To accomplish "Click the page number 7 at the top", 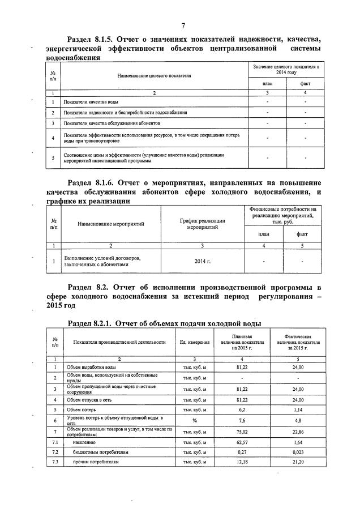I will coord(183,25).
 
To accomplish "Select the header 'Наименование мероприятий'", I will coord(111,224).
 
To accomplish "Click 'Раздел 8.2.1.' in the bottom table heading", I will coord(89,323).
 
